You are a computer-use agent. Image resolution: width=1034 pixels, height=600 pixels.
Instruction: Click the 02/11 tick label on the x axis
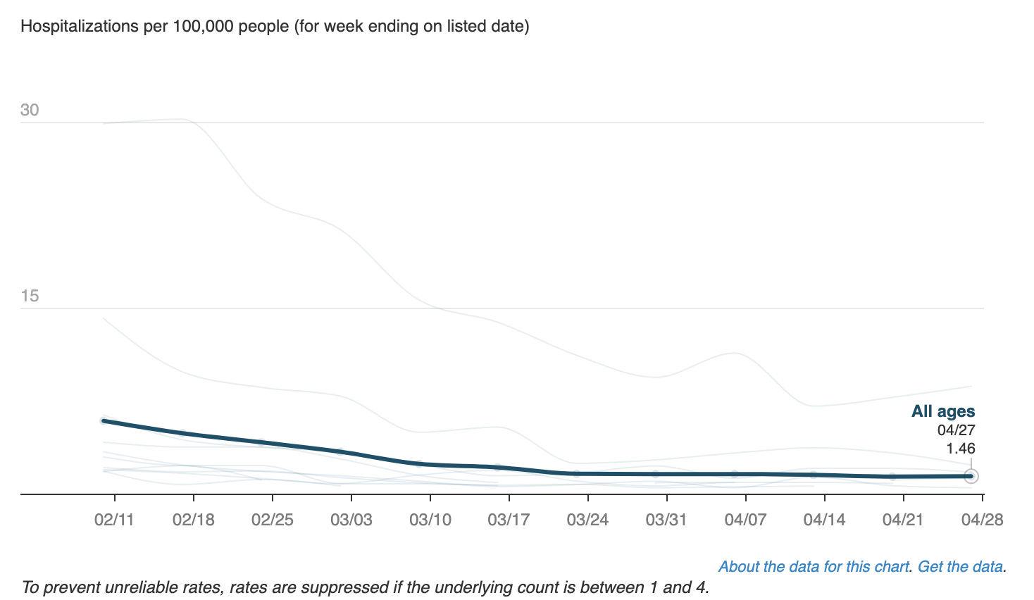114,520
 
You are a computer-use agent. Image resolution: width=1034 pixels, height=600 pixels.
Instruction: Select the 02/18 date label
193,520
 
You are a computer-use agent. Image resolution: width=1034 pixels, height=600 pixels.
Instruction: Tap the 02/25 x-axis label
272,520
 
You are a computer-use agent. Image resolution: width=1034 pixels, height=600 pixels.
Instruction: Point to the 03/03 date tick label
351,520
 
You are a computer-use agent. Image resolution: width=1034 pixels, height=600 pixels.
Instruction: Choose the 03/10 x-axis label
430,520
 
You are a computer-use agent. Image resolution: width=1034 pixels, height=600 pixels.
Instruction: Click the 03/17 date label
509,520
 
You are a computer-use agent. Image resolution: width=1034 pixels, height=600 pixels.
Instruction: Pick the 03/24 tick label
587,520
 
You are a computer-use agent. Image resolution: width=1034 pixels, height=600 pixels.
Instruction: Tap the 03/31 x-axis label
666,520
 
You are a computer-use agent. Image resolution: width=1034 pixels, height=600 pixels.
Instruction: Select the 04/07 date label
745,520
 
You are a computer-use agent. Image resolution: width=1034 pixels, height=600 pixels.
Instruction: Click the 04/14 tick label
824,520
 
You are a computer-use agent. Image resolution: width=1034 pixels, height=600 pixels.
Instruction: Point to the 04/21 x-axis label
903,520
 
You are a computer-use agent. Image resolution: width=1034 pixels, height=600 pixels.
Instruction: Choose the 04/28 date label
982,520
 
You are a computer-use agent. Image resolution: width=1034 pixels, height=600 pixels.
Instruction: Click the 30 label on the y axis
30,110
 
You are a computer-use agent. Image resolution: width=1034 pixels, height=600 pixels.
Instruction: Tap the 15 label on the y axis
30,296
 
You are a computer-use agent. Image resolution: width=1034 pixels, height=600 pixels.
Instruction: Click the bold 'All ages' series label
943,411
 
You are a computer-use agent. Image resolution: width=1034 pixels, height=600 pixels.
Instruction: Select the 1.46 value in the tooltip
960,449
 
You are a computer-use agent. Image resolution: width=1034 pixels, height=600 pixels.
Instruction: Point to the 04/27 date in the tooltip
956,430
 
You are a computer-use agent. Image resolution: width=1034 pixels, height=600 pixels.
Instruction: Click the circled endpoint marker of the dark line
971,476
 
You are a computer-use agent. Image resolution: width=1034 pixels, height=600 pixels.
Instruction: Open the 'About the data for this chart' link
814,567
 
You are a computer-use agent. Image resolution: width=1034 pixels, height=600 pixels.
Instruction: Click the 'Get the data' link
960,567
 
